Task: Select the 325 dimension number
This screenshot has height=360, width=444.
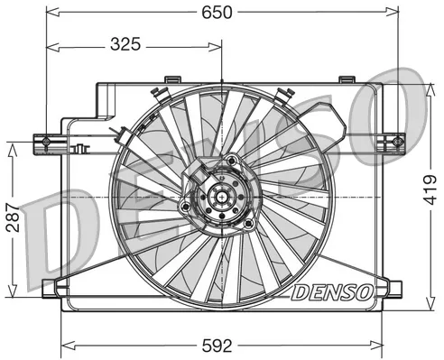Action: click(131, 42)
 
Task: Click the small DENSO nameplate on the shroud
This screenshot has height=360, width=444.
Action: click(329, 291)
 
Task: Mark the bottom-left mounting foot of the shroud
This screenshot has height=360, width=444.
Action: click(55, 289)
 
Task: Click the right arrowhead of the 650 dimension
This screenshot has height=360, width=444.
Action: click(393, 12)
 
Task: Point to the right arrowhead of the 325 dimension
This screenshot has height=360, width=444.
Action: click(217, 42)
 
